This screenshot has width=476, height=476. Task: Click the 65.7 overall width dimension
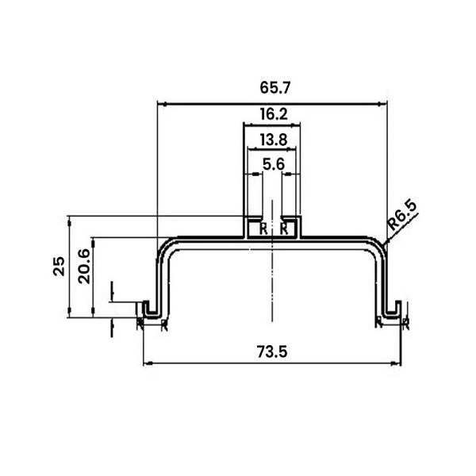pos(275,88)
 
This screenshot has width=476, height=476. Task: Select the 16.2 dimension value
pos(274,114)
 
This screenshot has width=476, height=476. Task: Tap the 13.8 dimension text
pos(274,140)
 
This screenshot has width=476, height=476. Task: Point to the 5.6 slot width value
pos(274,164)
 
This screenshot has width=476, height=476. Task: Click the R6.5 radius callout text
pos(402,215)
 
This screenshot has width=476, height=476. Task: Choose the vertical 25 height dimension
pos(59,266)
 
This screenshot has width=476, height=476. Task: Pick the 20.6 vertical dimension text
pos(84,267)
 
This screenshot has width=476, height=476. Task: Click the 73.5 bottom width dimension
pos(272,352)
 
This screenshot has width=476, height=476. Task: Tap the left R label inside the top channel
pos(263,229)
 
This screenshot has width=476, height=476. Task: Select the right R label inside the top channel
pos(284,229)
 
